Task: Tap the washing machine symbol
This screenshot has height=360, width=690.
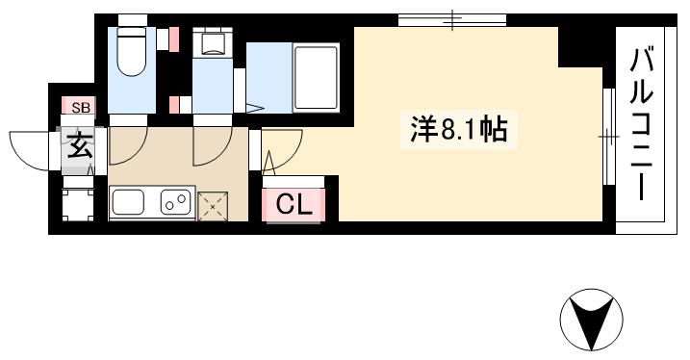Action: pos(210,44)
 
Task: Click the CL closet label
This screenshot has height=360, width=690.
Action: pos(294,204)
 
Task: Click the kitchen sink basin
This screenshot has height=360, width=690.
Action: pos(129,202)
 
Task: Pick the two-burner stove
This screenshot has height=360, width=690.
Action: pos(174,202)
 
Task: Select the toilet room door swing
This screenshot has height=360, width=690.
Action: pos(127,145)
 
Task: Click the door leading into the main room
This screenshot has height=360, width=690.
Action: pos(280,151)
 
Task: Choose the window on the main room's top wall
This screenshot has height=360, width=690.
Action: pos(452,18)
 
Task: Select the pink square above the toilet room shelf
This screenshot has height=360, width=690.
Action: pos(175,38)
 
